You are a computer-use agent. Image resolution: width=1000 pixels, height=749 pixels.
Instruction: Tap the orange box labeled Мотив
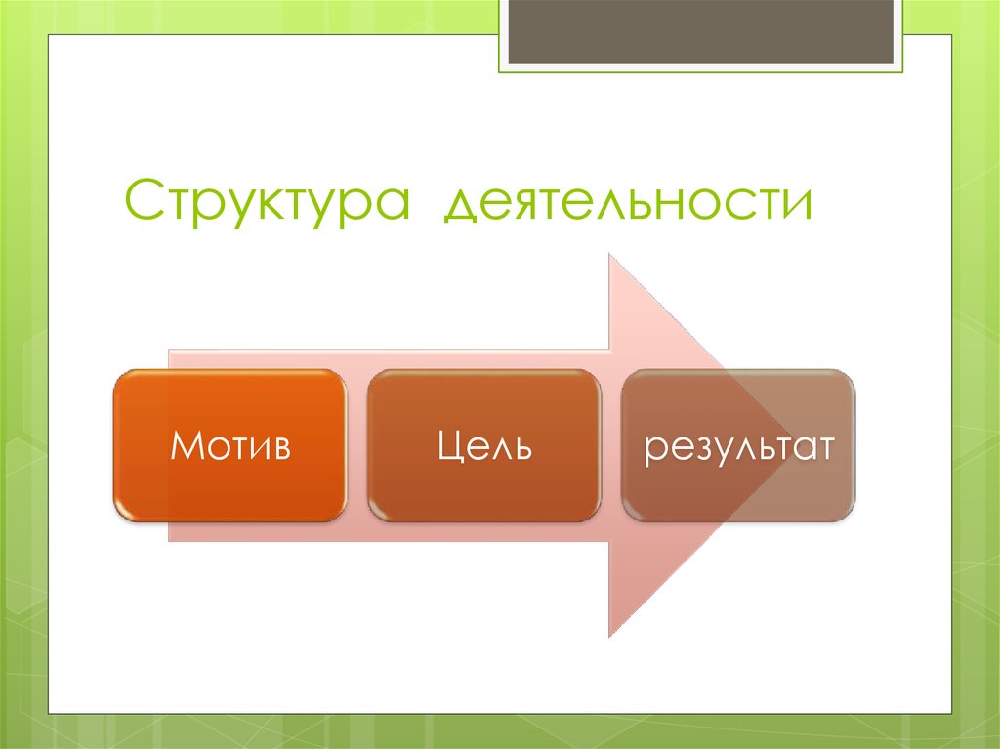[x=229, y=445]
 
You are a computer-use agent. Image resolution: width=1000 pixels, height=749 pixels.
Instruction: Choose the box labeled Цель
[x=484, y=445]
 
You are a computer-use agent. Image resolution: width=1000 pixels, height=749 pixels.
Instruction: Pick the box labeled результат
[x=738, y=445]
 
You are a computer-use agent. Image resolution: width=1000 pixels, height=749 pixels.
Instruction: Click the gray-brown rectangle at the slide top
[x=700, y=32]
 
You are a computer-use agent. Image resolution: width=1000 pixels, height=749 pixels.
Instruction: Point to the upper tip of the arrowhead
[x=610, y=256]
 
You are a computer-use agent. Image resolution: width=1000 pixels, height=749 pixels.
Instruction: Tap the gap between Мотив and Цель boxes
[x=357, y=445]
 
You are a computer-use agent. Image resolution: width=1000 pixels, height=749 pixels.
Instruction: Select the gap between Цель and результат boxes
[x=611, y=445]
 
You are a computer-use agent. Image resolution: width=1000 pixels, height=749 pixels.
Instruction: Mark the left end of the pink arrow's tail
[x=170, y=445]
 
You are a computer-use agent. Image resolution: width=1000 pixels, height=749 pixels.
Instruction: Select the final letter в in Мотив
[x=280, y=448]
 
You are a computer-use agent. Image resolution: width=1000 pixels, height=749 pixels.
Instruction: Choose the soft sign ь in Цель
[x=521, y=448]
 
